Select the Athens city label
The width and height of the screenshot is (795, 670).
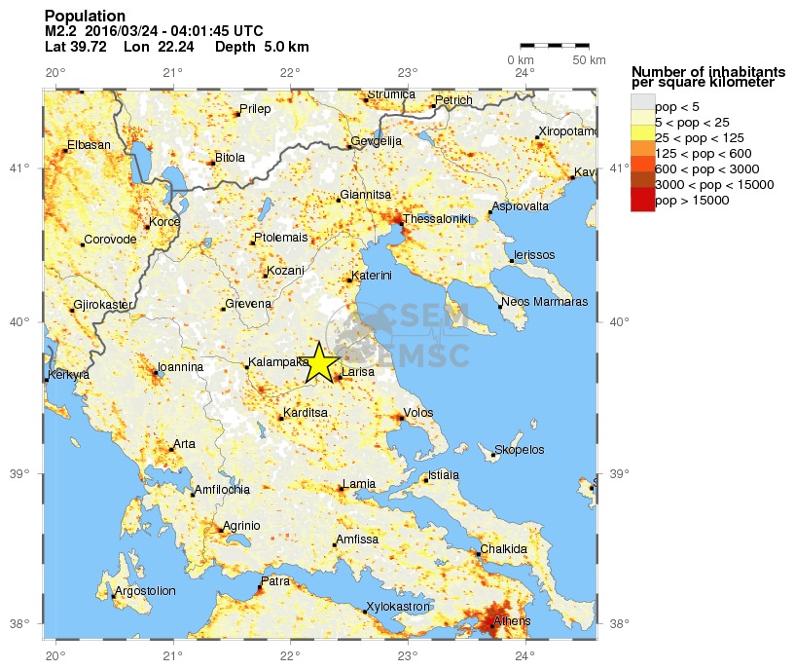pyautogui.click(x=512, y=620)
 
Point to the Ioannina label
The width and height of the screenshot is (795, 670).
pyautogui.click(x=181, y=367)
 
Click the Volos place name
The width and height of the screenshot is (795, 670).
pyautogui.click(x=417, y=413)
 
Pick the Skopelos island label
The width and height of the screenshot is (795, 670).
pyautogui.click(x=522, y=450)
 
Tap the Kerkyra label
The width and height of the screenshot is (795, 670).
pyautogui.click(x=68, y=375)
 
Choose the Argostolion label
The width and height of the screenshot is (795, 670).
pyautogui.click(x=145, y=591)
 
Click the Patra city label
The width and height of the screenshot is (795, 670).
pyautogui.click(x=275, y=581)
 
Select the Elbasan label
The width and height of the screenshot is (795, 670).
pyautogui.click(x=89, y=145)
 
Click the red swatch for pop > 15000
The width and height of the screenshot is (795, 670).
pyautogui.click(x=642, y=201)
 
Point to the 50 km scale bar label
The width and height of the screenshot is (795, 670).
pyautogui.click(x=588, y=60)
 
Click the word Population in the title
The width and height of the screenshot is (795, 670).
pyautogui.click(x=85, y=16)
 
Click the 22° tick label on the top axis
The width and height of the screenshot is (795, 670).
pyautogui.click(x=290, y=73)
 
